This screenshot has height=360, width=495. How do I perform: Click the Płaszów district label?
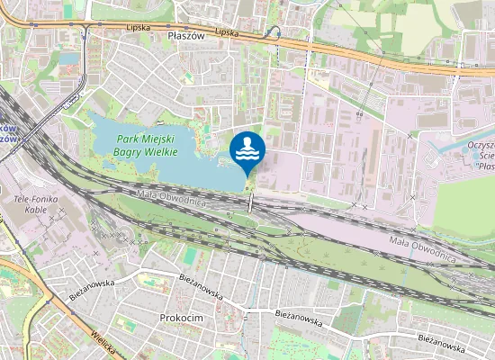click(187, 35)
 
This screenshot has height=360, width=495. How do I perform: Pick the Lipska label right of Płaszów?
click(227, 31)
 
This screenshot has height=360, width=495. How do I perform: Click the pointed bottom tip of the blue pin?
click(247, 174)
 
